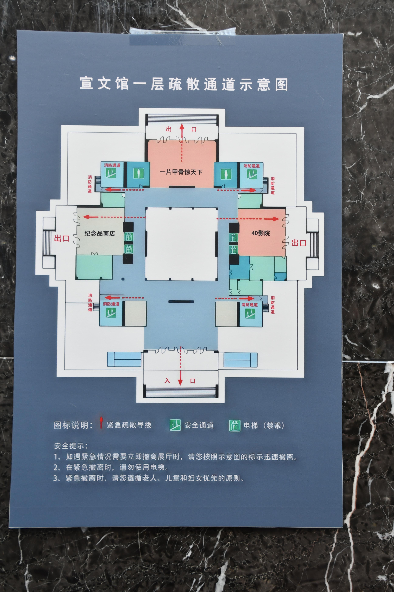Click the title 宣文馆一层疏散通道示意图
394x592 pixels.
183,84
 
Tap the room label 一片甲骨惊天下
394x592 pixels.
181,172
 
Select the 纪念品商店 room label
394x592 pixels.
99,233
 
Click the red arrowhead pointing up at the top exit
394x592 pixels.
182,126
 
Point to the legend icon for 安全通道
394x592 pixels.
175,425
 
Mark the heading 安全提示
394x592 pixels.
71,446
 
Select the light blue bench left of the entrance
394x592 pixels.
124,359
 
